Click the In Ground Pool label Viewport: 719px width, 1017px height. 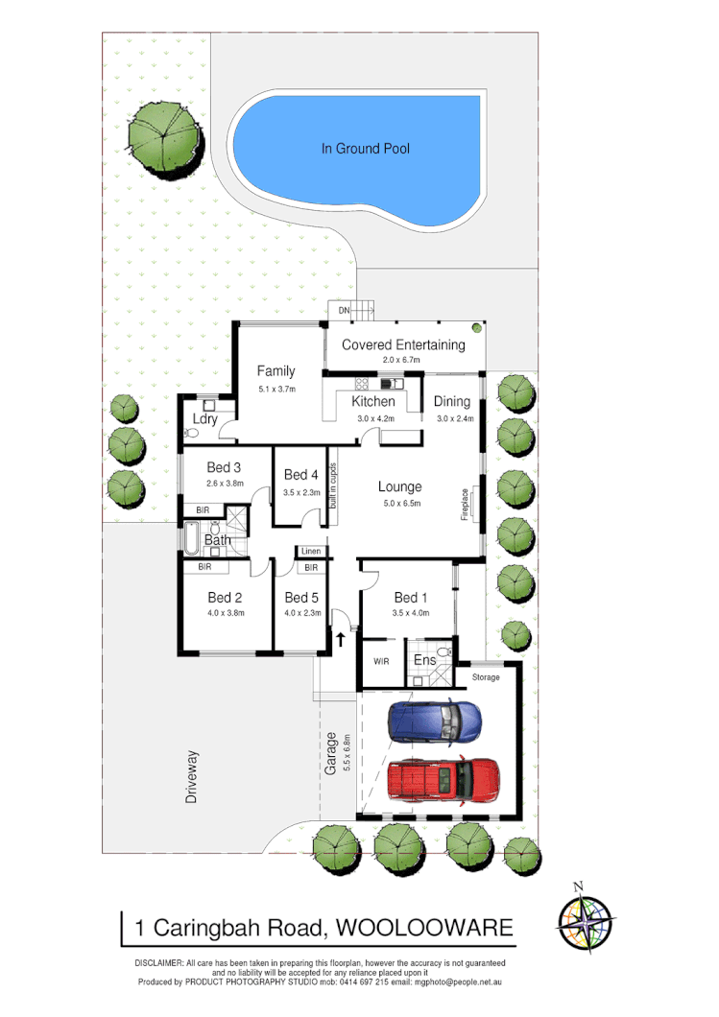[365, 149]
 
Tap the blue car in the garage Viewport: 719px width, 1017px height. [434, 721]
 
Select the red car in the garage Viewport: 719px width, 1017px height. [443, 780]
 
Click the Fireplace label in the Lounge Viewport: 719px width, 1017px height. [466, 503]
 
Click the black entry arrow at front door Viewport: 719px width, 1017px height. [340, 637]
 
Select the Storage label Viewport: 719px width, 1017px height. [487, 677]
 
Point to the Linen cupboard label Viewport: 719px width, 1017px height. [310, 552]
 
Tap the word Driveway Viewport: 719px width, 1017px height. [192, 776]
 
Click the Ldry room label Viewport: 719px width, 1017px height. [204, 419]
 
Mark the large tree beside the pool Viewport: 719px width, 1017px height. [164, 139]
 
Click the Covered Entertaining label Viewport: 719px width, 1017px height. [403, 345]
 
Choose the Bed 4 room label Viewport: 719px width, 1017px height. [301, 475]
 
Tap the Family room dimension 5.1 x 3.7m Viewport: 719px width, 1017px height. [276, 389]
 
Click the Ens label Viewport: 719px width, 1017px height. [424, 660]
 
